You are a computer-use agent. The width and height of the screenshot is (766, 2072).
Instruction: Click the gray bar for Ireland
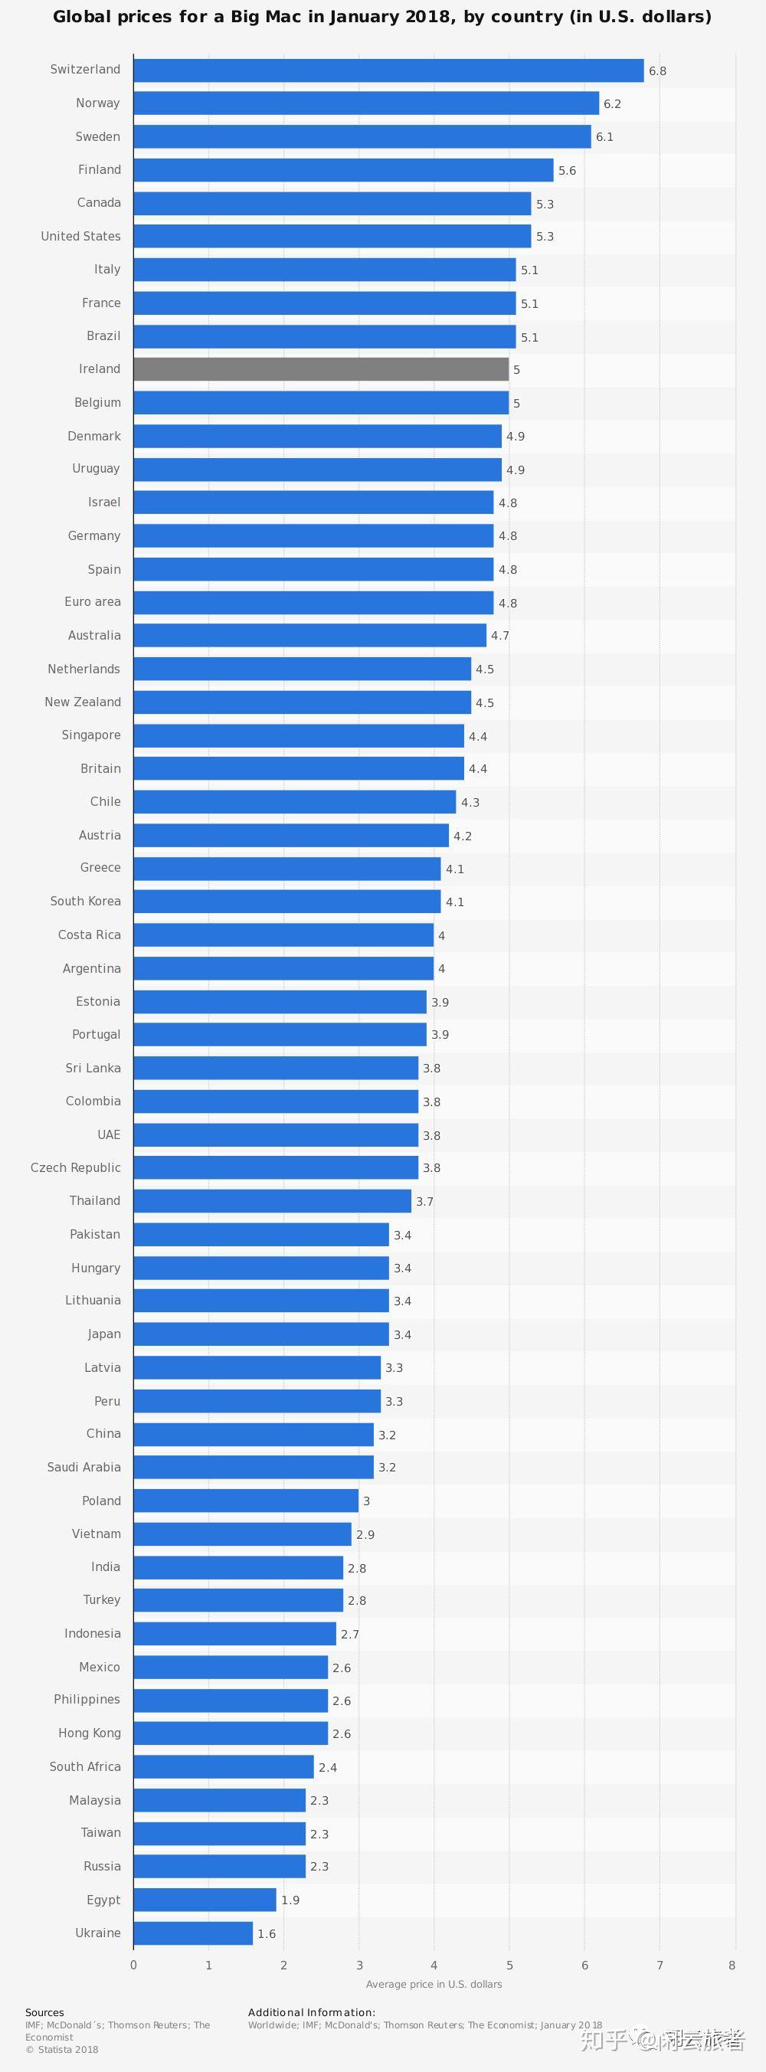click(x=321, y=369)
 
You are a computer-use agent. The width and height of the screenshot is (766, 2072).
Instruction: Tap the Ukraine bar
click(x=193, y=1933)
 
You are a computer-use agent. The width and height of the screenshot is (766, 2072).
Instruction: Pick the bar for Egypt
click(x=205, y=1899)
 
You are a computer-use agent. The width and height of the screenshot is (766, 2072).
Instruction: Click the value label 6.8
click(x=657, y=70)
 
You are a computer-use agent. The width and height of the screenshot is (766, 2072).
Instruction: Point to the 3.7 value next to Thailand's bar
click(x=424, y=1201)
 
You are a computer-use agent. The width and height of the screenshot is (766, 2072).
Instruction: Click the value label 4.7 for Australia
click(x=499, y=636)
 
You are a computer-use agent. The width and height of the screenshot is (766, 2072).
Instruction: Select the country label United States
click(x=80, y=236)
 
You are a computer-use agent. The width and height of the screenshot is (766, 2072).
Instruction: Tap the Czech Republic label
click(x=76, y=1167)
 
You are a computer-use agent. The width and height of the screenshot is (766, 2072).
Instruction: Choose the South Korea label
click(x=85, y=901)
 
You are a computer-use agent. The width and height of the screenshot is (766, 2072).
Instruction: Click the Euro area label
click(x=93, y=601)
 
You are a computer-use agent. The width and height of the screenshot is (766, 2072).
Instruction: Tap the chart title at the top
click(x=382, y=17)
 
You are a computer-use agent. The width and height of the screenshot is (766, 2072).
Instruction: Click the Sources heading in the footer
click(x=44, y=2012)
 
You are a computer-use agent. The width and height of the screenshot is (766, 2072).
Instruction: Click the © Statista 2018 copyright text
click(x=61, y=2050)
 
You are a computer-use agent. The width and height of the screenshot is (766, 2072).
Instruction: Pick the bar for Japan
click(x=260, y=1334)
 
